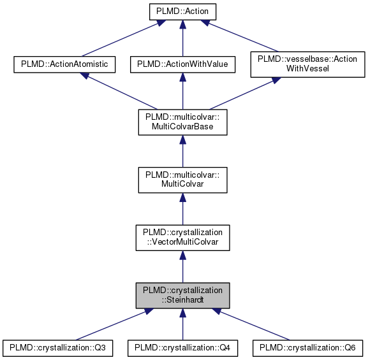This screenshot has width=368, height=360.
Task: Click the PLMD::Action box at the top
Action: click(182, 11)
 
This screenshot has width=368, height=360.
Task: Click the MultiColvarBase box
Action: click(182, 121)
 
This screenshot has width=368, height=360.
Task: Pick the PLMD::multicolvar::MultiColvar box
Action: click(182, 179)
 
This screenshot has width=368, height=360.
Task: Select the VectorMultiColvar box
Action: click(182, 237)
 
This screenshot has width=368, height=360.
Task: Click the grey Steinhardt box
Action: click(182, 295)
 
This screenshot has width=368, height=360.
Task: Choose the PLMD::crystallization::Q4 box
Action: click(182, 348)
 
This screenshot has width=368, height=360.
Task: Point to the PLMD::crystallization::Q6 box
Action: click(308, 348)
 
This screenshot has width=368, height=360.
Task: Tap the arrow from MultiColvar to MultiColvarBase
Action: click(182, 150)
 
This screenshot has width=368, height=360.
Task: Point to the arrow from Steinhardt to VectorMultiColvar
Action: click(182, 266)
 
